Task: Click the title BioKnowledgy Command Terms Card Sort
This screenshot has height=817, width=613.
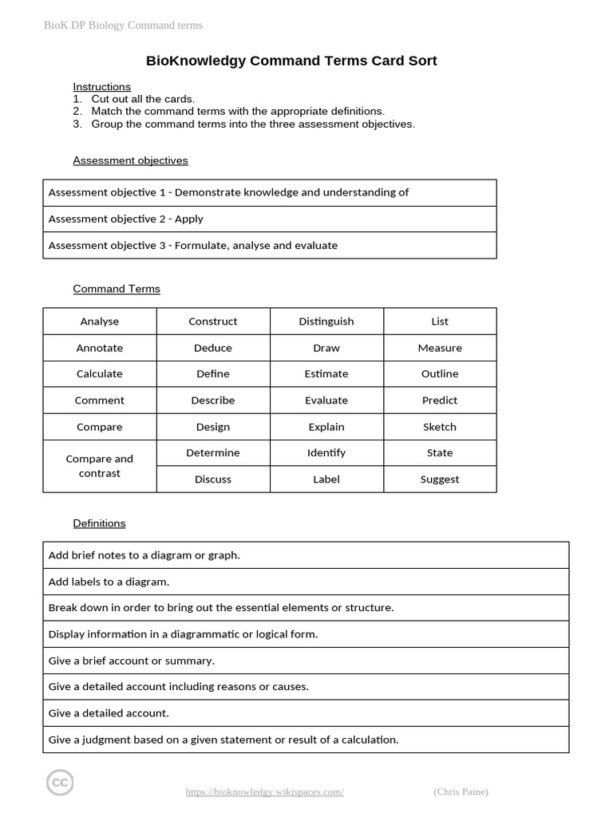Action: point(291,61)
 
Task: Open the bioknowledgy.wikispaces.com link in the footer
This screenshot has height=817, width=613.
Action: point(264,791)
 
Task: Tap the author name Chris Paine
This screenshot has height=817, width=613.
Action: point(461,791)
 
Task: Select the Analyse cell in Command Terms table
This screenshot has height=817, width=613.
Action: point(100,322)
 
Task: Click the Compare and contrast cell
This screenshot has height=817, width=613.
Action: point(100,466)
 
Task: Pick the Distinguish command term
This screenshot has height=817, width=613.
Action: point(326,322)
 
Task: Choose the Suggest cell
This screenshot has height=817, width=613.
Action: point(440,480)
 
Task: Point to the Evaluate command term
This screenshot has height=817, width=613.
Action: point(326,401)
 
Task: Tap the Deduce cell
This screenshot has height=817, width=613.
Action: point(213,348)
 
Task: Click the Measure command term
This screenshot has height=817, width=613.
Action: point(440,348)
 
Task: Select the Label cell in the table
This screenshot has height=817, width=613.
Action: point(326,480)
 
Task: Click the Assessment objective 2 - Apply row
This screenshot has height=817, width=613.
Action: point(269,219)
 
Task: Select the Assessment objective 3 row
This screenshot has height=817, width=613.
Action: point(269,246)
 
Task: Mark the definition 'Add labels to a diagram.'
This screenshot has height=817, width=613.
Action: point(306,582)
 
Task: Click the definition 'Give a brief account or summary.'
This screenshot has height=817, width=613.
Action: point(306,661)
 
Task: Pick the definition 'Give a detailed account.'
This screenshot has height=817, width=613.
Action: point(306,713)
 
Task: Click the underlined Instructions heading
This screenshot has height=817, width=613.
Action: point(101,86)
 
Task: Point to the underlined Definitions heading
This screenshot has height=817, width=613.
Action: point(99,523)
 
